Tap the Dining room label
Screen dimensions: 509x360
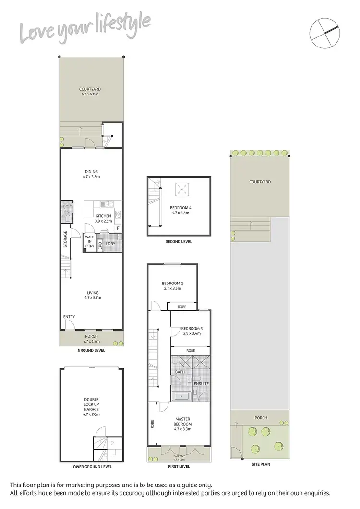click(x=91, y=174)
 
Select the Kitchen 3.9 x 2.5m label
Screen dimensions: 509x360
click(x=103, y=219)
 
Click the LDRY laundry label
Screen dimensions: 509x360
click(x=110, y=244)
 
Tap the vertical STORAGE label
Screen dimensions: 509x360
click(x=66, y=239)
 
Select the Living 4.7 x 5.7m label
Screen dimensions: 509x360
click(x=93, y=296)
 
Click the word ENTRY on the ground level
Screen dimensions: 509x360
click(x=69, y=317)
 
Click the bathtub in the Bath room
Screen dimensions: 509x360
click(x=181, y=396)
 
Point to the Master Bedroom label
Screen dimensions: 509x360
click(x=182, y=422)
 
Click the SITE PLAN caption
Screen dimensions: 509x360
click(x=260, y=465)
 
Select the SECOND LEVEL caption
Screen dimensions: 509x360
click(x=180, y=242)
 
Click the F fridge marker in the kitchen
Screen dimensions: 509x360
click(x=118, y=229)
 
